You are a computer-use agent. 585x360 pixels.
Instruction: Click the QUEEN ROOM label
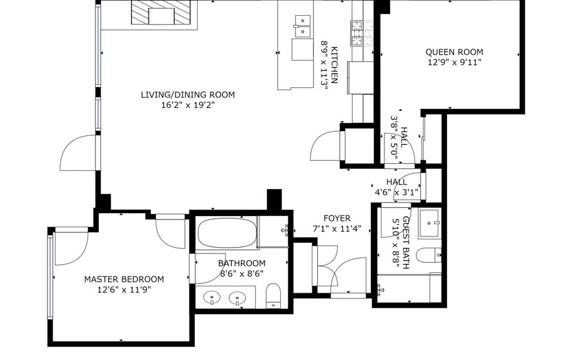tap(454, 52)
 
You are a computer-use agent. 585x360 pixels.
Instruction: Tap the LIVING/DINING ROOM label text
tap(188, 95)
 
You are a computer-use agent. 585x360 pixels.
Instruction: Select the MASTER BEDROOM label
tap(124, 279)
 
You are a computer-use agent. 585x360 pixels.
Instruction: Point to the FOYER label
tap(337, 218)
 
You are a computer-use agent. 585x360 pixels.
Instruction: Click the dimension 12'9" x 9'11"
tap(455, 63)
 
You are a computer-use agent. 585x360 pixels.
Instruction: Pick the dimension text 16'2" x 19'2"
tap(188, 105)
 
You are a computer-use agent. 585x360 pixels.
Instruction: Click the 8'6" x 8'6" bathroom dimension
tap(242, 274)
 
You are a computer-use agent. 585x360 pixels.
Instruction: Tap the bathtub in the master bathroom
tap(227, 233)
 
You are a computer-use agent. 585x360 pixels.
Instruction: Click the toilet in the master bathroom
tap(273, 296)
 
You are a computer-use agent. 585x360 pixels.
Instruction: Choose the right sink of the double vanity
tap(237, 299)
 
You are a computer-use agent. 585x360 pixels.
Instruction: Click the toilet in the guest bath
tap(429, 255)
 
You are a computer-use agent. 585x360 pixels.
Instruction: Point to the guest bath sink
tap(429, 224)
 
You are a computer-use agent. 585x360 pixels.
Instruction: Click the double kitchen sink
tap(303, 26)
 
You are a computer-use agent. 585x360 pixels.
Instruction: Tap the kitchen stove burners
tap(362, 33)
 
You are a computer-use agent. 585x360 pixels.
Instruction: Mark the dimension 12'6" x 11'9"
tap(124, 289)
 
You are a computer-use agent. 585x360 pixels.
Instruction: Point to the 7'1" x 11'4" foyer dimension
tap(337, 228)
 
